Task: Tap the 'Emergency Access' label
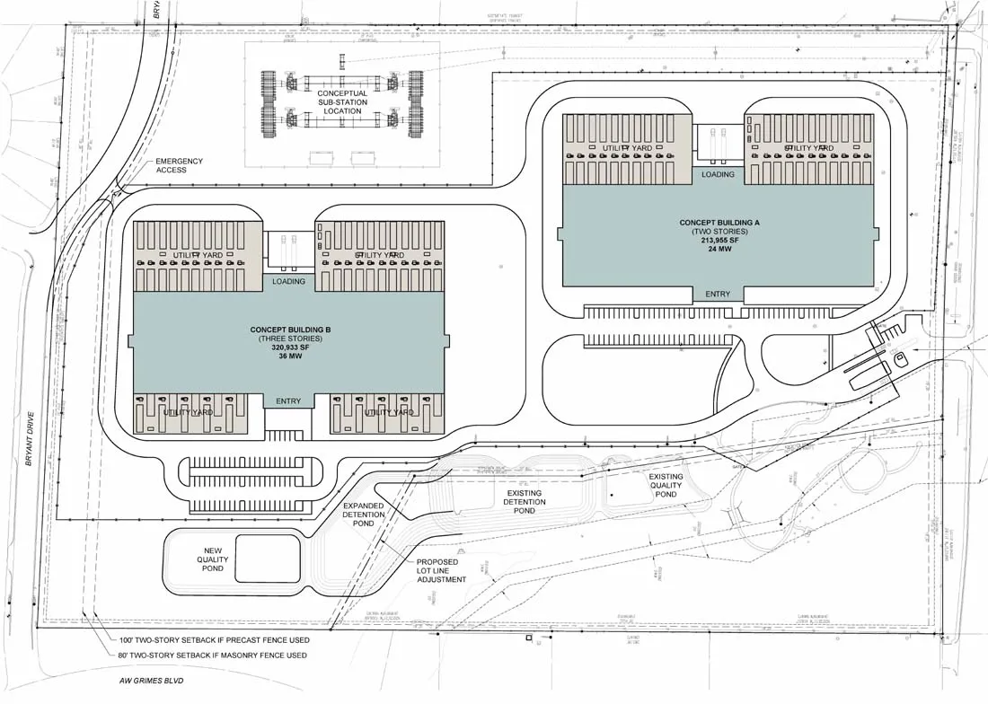[x=180, y=165]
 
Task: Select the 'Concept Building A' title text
[x=719, y=223]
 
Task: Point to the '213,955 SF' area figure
[x=719, y=241]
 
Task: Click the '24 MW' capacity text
[x=719, y=250]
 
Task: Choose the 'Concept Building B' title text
[x=289, y=330]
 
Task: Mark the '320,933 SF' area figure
[x=289, y=348]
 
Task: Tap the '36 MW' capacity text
[x=289, y=356]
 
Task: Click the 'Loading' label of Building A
[x=718, y=174]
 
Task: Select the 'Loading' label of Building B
[x=288, y=281]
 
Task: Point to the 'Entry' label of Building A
[x=718, y=295]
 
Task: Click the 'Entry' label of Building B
[x=288, y=401]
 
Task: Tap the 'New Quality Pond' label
[x=214, y=559]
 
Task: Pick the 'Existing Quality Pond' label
[x=666, y=486]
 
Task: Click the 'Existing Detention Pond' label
[x=524, y=501]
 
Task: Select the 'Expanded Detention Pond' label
[x=364, y=515]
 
